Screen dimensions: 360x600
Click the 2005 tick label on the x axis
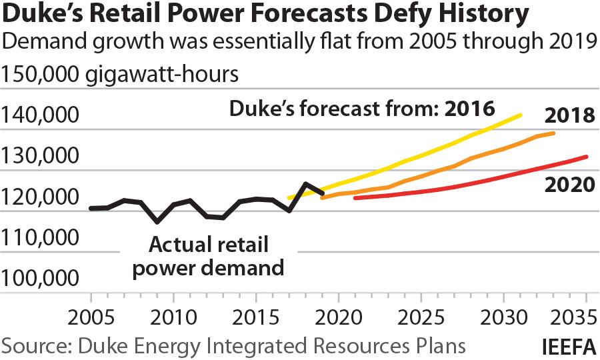(x=90, y=314)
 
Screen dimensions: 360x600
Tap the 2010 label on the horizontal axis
(x=173, y=314)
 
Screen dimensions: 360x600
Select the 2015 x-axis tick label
(x=255, y=314)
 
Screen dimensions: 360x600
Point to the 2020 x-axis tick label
(x=338, y=314)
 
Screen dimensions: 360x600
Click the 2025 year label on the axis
(x=421, y=314)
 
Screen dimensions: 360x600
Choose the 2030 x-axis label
(x=503, y=314)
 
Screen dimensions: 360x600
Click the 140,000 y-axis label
(x=40, y=117)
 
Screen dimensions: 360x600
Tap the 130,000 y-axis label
(x=40, y=157)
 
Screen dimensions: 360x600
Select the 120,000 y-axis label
(x=40, y=197)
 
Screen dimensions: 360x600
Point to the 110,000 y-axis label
(x=40, y=238)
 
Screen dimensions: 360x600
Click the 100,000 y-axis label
(x=40, y=279)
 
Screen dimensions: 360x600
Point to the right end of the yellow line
(x=521, y=115)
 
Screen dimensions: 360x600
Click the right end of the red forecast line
(x=587, y=157)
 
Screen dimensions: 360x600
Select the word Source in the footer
(x=33, y=346)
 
